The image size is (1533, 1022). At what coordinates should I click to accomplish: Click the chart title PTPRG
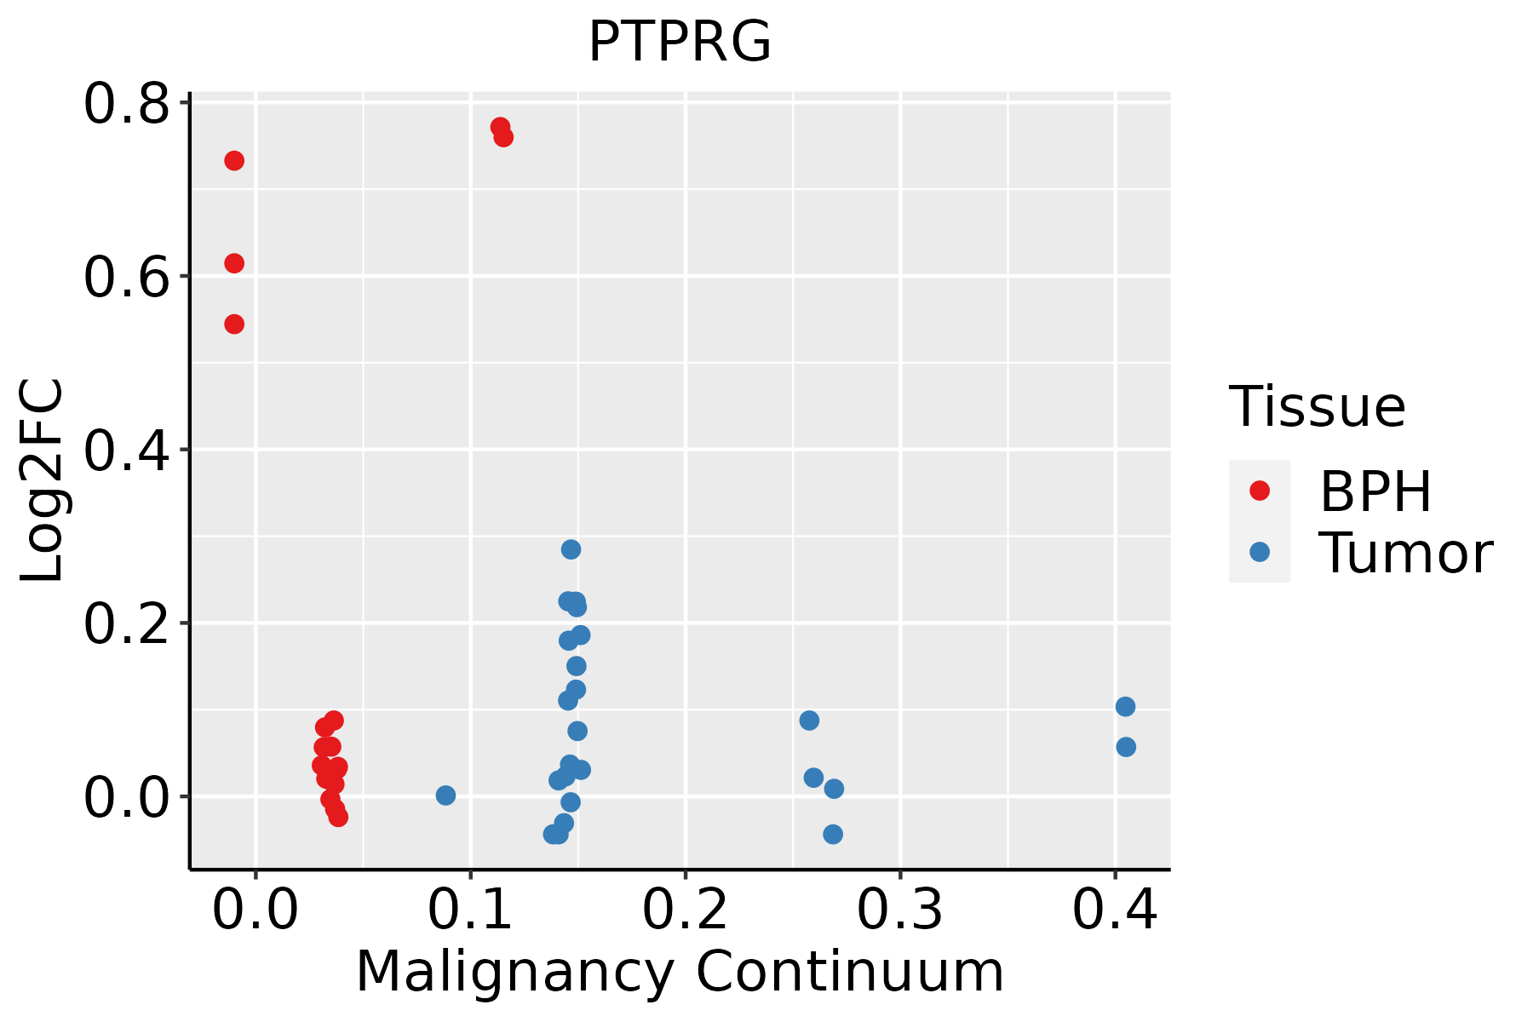click(x=680, y=42)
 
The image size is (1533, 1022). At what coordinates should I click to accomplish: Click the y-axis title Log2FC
click(x=43, y=481)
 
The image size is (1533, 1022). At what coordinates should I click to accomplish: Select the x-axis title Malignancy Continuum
click(x=680, y=972)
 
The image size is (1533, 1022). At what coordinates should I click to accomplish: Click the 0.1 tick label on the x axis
click(x=470, y=910)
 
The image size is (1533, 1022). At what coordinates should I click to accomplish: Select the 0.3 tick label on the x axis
click(x=899, y=910)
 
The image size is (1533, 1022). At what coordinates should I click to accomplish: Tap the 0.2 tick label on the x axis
click(x=685, y=910)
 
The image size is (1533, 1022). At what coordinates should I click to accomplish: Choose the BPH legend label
click(x=1375, y=491)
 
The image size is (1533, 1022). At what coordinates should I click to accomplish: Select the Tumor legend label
click(x=1405, y=553)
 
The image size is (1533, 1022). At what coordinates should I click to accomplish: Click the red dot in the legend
click(x=1259, y=491)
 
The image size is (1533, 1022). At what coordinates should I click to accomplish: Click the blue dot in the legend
click(x=1259, y=552)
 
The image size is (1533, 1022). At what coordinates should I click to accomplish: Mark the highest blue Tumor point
click(x=571, y=549)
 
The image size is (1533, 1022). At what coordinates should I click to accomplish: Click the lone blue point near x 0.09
click(x=445, y=795)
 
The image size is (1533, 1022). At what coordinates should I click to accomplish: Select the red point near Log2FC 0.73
click(x=234, y=161)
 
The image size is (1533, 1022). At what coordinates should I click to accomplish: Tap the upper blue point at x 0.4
click(x=1125, y=706)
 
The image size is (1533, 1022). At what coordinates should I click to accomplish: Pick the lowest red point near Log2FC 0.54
click(x=234, y=324)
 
